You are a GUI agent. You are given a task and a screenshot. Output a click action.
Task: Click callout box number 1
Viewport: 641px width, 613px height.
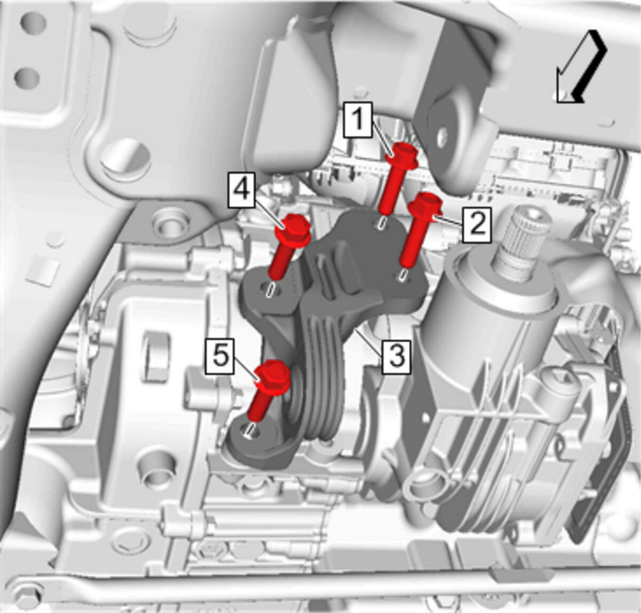pyautogui.click(x=357, y=119)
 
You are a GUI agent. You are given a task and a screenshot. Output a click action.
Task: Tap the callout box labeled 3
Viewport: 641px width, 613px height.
pyautogui.click(x=396, y=358)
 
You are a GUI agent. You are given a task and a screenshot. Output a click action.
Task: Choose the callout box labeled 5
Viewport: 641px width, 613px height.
pyautogui.click(x=220, y=356)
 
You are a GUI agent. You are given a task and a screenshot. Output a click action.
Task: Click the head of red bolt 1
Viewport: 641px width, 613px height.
pyautogui.click(x=404, y=155)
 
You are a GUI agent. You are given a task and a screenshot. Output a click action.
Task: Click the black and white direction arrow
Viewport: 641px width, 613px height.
pyautogui.click(x=581, y=67)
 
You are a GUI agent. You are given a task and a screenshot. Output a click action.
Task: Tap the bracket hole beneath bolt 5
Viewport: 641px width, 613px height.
pyautogui.click(x=251, y=430)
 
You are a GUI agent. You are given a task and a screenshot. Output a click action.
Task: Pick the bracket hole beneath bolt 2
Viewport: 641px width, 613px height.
pyautogui.click(x=403, y=275)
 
